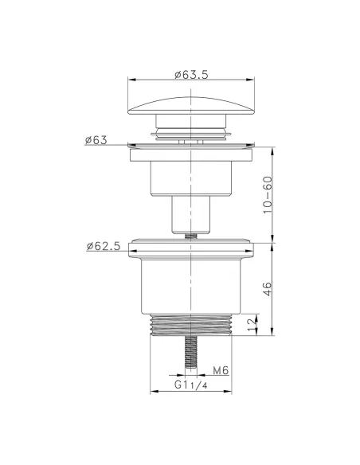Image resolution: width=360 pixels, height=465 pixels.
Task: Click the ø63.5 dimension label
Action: point(191,74)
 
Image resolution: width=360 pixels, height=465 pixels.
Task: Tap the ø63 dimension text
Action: point(96,140)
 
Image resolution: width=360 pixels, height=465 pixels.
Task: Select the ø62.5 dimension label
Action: point(104,246)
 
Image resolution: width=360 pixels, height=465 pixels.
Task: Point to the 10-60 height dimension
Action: point(268,194)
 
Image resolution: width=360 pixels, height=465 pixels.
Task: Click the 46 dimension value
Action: point(267,289)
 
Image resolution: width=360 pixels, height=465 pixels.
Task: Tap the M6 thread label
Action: point(221,370)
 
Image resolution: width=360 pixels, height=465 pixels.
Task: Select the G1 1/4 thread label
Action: point(190,385)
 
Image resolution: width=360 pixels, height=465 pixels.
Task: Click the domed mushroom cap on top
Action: point(191,106)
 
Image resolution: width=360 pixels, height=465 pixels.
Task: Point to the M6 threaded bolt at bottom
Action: point(191,352)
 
